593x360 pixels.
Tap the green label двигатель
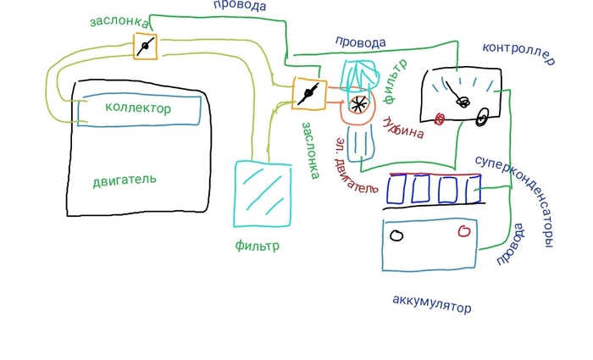125,180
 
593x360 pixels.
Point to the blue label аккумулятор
431,303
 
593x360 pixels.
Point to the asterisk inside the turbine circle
359,105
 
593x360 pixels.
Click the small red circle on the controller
440,119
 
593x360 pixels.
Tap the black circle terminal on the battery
396,235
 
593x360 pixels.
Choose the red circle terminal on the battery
463,231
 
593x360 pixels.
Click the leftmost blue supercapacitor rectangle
397,188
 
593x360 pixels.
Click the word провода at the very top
239,6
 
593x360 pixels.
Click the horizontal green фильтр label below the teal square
257,246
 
